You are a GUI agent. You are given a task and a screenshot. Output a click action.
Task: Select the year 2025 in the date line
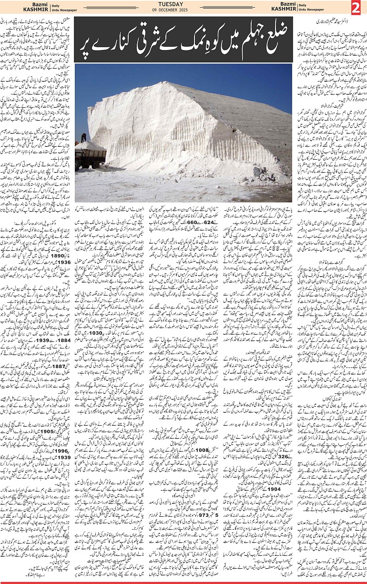[x=197, y=10]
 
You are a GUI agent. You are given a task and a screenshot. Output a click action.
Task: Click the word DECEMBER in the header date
[x=183, y=10]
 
